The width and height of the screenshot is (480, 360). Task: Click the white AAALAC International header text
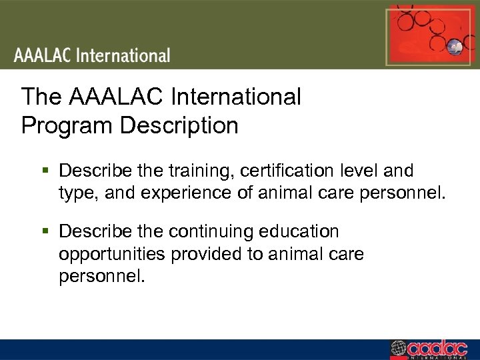pos(92,55)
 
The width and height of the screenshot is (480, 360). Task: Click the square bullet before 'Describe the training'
pos(45,171)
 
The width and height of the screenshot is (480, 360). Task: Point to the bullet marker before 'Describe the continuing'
pos(45,232)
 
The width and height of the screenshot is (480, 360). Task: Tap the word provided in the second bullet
pos(216,254)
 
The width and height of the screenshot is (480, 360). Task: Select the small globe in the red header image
pos(455,47)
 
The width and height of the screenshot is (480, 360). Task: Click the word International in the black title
pos(237,97)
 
